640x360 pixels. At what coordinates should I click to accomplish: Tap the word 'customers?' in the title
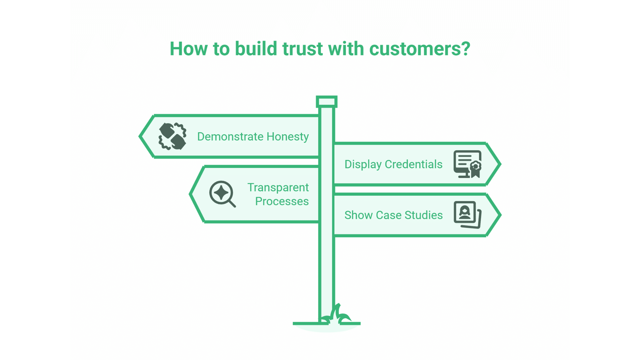(x=420, y=49)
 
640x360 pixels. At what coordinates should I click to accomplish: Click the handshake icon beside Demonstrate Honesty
(x=172, y=136)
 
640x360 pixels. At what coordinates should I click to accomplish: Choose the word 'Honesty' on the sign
(x=288, y=137)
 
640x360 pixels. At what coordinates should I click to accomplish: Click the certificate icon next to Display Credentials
(x=467, y=164)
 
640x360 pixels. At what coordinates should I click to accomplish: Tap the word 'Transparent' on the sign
(x=278, y=187)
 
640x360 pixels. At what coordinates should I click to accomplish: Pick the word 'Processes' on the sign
(x=282, y=201)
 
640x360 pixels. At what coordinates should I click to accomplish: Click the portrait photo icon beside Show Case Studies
(x=467, y=215)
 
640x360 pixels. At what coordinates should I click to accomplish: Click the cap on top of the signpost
(x=327, y=102)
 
